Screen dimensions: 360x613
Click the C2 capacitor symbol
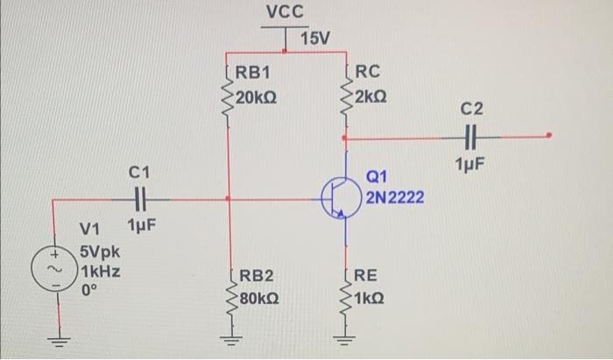click(x=470, y=137)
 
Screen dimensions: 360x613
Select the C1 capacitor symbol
click(x=139, y=199)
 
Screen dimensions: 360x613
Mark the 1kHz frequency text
click(x=100, y=272)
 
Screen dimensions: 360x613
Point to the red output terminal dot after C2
click(x=549, y=136)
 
